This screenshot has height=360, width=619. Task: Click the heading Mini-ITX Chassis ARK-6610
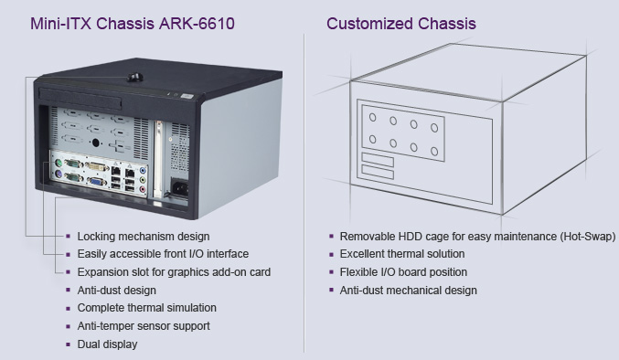click(133, 24)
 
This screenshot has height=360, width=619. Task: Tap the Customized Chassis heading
click(401, 24)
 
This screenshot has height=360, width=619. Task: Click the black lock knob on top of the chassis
click(135, 78)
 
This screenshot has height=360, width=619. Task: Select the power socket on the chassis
click(179, 188)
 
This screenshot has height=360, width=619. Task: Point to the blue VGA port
click(96, 182)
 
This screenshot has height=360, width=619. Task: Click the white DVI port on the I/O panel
click(97, 166)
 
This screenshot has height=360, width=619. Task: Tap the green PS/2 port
click(59, 163)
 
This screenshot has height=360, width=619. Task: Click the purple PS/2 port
click(59, 174)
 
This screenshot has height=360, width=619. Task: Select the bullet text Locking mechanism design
click(144, 237)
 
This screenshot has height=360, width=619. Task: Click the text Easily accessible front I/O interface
click(163, 254)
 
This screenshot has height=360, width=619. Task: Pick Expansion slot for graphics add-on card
click(174, 272)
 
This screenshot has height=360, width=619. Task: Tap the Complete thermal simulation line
click(147, 308)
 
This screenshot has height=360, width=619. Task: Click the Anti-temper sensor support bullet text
click(144, 326)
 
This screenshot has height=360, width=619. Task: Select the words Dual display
click(107, 344)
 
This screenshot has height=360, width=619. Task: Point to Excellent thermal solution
click(402, 254)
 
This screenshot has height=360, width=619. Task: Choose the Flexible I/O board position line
click(403, 272)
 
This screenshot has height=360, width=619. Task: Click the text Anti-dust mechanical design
click(408, 291)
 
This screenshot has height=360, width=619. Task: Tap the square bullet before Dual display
click(69, 344)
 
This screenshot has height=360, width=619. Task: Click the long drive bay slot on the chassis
click(80, 99)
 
